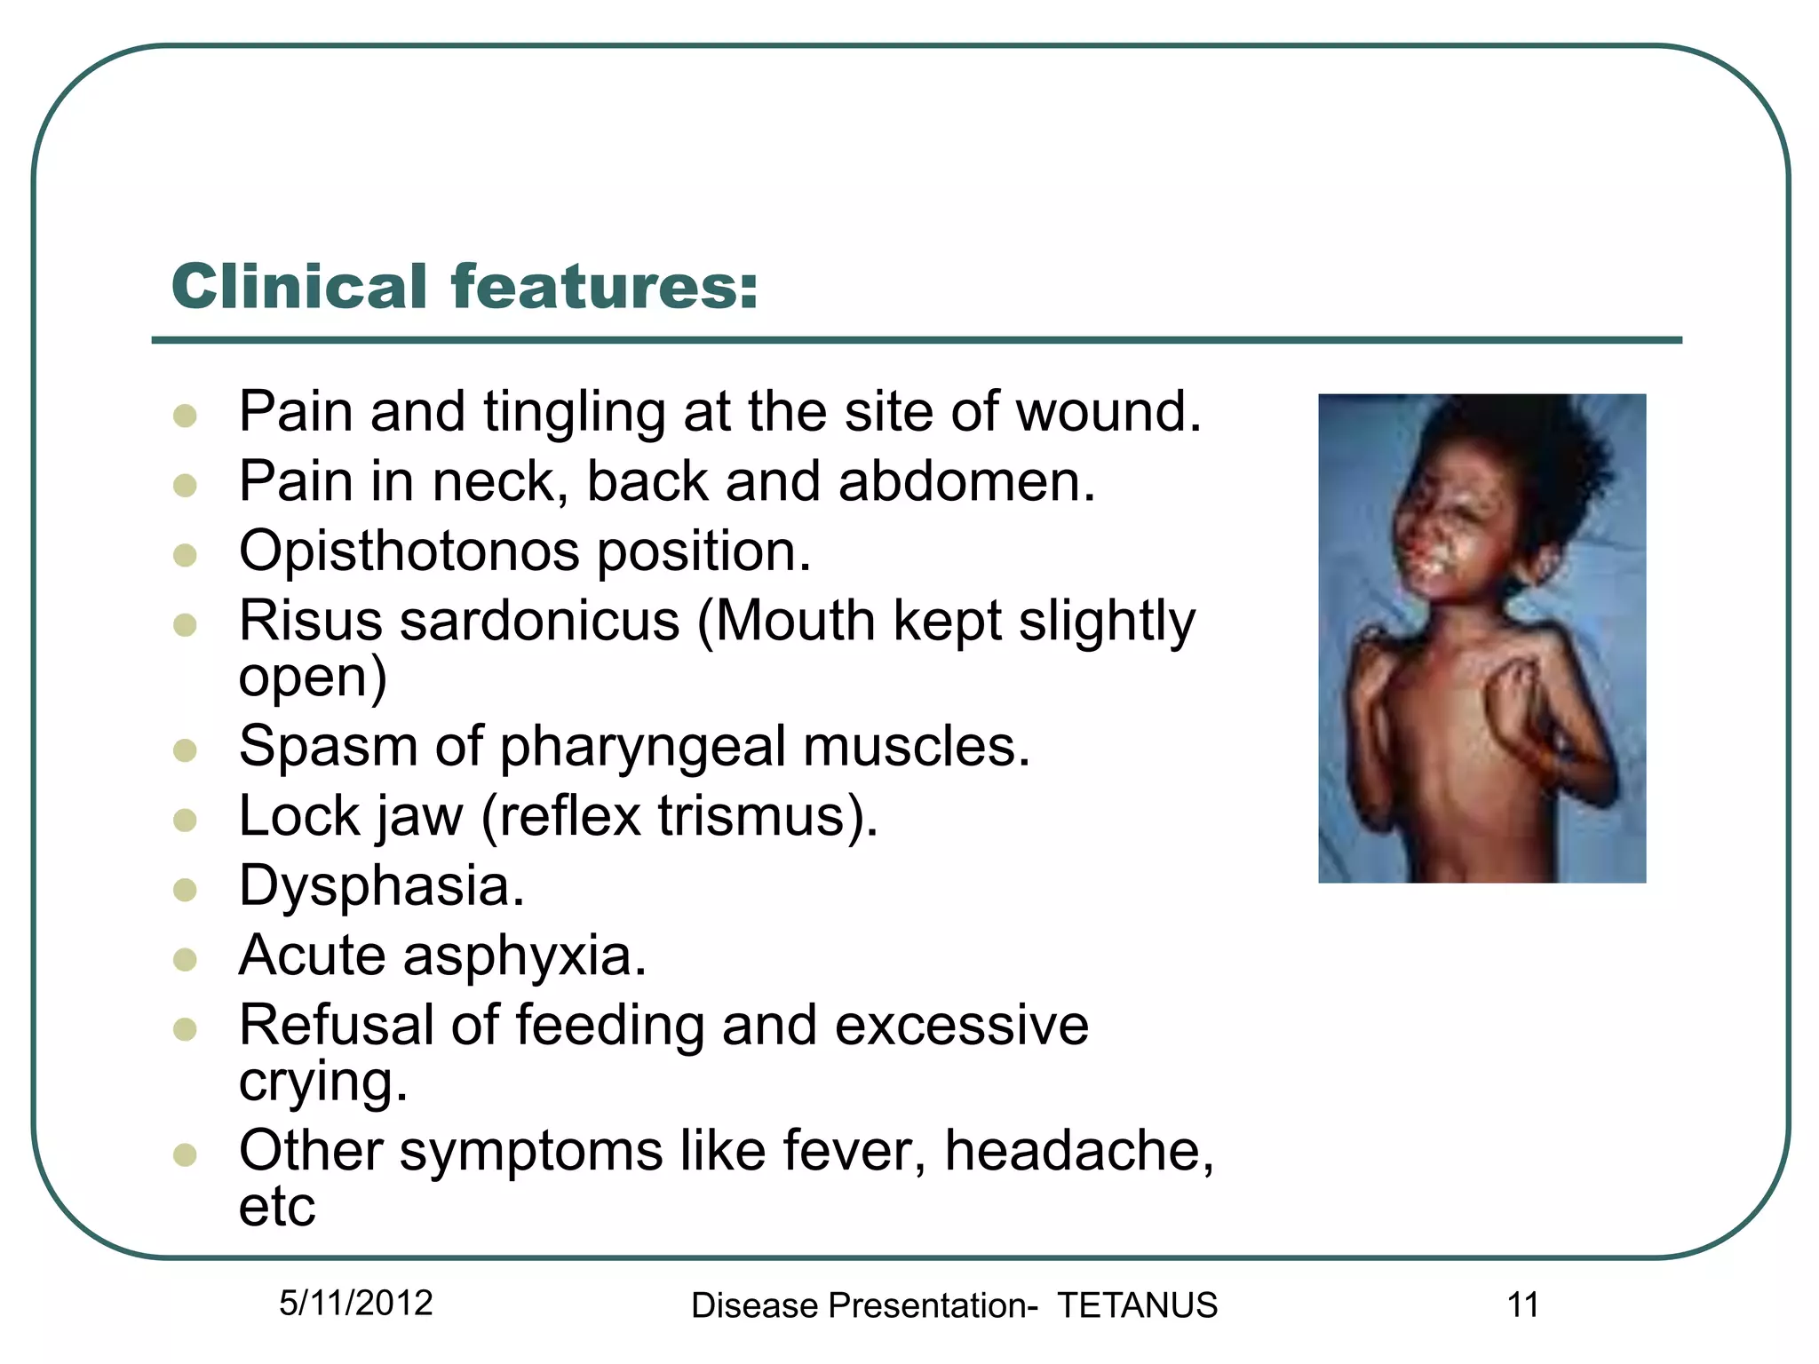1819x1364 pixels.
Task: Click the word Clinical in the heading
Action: pos(299,287)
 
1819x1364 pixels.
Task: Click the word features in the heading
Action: pos(604,287)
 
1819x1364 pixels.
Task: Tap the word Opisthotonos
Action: pos(408,551)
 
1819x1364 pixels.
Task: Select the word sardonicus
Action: pos(540,621)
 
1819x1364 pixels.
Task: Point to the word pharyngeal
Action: pos(642,746)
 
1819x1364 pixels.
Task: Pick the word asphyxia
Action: pos(524,956)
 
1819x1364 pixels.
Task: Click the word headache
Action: pos(1077,1151)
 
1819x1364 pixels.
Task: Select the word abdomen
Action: pos(966,481)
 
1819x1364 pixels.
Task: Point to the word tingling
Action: pos(574,413)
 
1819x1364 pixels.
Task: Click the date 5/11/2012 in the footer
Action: pos(355,1304)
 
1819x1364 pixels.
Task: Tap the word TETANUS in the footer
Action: pos(1137,1305)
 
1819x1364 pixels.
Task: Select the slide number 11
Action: pos(1522,1305)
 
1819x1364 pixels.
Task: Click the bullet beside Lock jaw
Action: pos(185,820)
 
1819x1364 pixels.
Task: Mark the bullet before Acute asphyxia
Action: pos(185,960)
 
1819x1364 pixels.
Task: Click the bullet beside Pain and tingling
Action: pos(185,416)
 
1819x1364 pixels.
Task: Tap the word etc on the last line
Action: pos(277,1207)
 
